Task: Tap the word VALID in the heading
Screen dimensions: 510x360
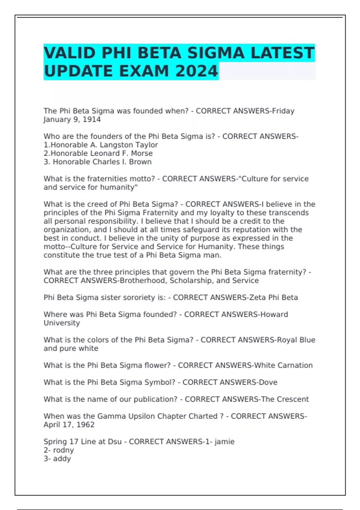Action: [x=70, y=53]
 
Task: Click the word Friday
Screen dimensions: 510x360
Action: [x=283, y=111]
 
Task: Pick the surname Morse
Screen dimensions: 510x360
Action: [x=142, y=153]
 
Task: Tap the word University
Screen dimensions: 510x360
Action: [x=62, y=323]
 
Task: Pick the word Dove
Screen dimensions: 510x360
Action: [x=268, y=382]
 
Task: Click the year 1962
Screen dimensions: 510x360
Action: [x=85, y=425]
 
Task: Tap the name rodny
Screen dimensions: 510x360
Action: [x=63, y=450]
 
